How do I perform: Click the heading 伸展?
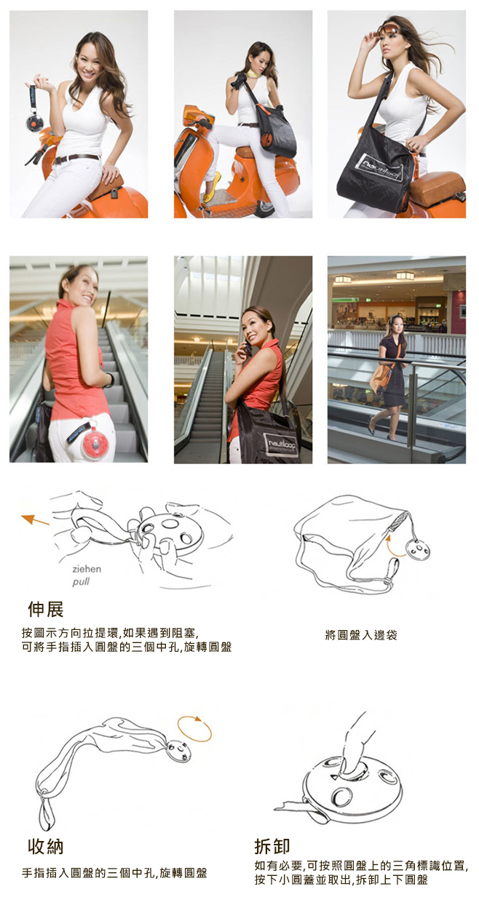(x=46, y=610)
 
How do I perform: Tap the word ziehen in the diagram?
(x=87, y=569)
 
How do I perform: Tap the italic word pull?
(x=81, y=582)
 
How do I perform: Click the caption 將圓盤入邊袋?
(x=361, y=634)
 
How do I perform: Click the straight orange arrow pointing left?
(x=35, y=519)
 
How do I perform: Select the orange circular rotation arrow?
(x=194, y=728)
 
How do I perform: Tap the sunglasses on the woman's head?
(x=387, y=29)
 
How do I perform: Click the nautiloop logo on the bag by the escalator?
(x=281, y=446)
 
